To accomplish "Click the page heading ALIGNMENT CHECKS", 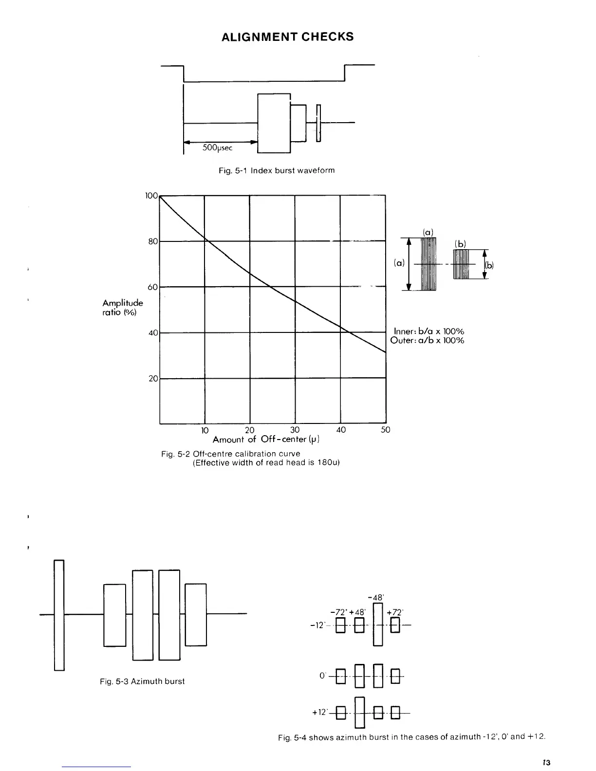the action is [287, 37].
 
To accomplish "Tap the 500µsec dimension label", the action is [217, 147].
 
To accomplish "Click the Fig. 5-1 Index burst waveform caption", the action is [276, 170].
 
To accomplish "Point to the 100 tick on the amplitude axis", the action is [151, 196].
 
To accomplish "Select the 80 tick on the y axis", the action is [153, 241].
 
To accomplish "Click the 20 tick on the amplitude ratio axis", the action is [153, 379].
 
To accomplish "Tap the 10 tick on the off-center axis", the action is [205, 430].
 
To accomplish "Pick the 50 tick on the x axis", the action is [385, 430].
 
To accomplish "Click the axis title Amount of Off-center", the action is [265, 440].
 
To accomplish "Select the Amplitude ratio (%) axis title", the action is [122, 308].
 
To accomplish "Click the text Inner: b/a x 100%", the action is [428, 331].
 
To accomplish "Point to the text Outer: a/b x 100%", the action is [427, 340].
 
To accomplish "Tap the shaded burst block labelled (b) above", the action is [461, 264].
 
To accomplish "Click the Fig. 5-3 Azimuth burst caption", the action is [142, 681].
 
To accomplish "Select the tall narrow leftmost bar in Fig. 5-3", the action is [59, 615].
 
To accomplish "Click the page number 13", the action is [546, 762].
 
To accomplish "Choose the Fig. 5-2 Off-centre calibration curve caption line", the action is [230, 454].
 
